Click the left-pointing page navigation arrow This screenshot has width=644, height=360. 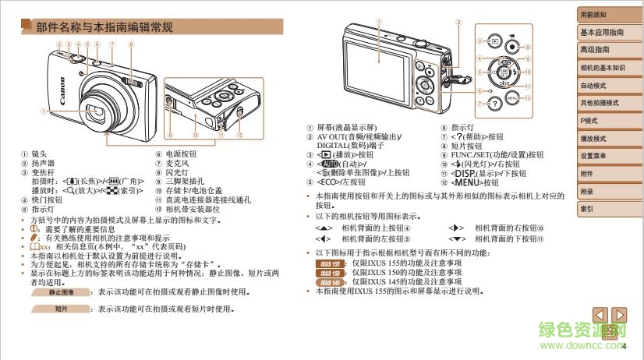(x=601, y=315)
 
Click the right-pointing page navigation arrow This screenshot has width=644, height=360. (x=620, y=315)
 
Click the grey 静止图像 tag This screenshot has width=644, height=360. (x=61, y=292)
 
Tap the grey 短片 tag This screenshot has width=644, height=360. (x=61, y=309)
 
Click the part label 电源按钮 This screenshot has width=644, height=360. (x=180, y=154)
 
